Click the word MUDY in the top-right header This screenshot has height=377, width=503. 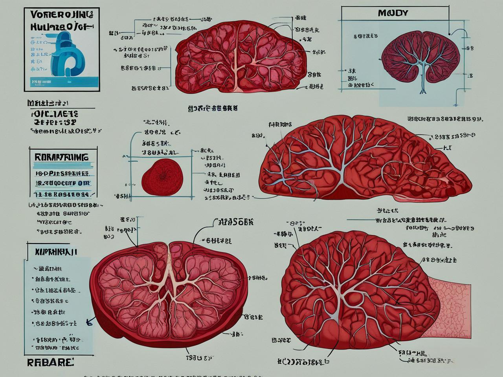393,13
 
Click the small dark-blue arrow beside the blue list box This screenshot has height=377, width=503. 88,322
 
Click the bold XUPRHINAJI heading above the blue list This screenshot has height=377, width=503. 56,251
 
